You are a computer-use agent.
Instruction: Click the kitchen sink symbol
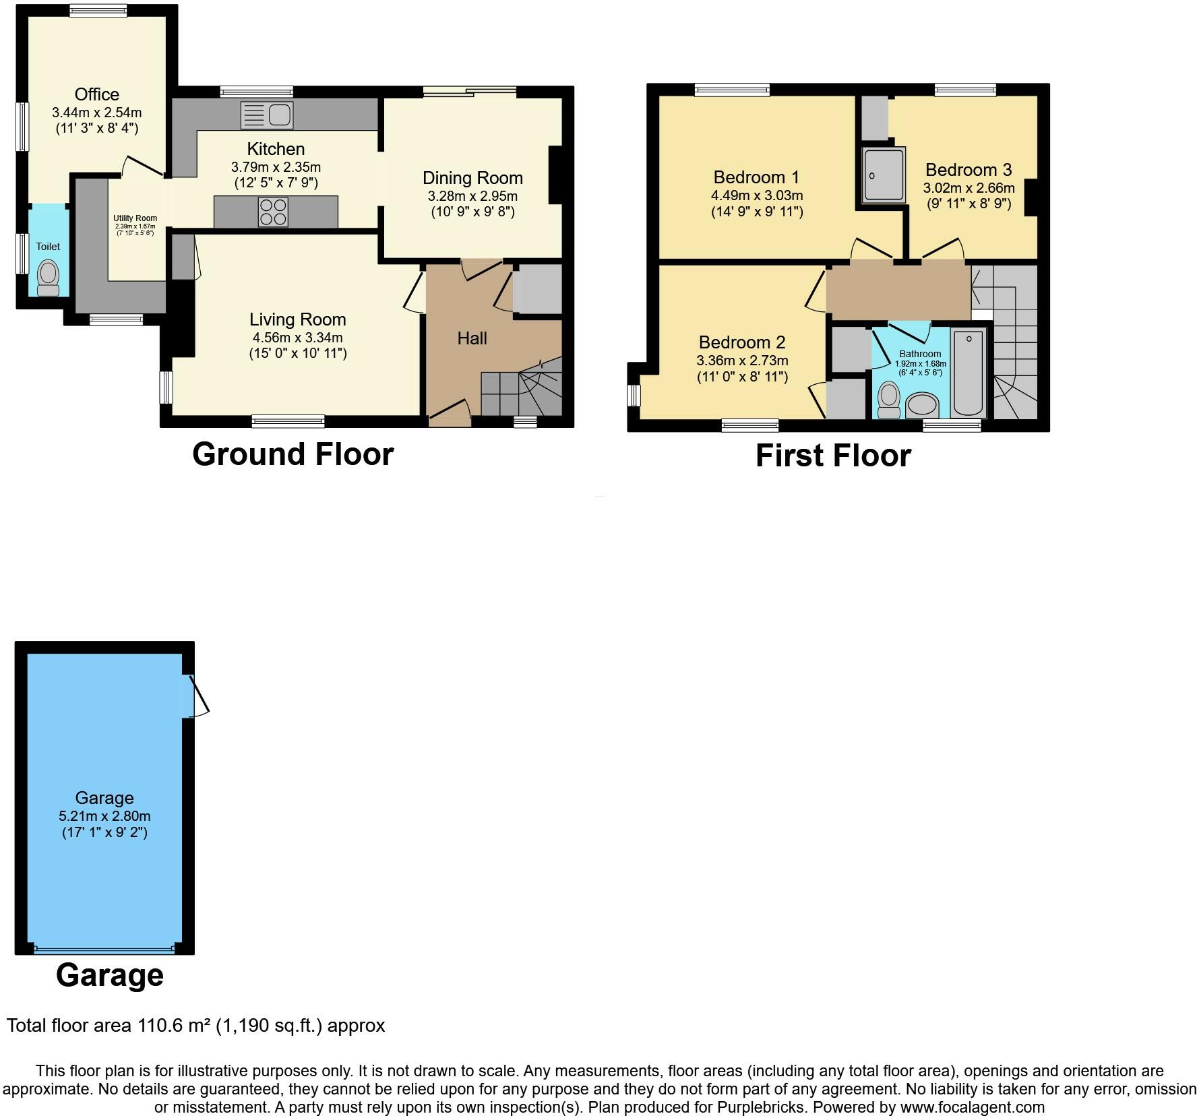click(x=267, y=115)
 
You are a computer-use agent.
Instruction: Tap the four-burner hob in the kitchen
click(x=273, y=212)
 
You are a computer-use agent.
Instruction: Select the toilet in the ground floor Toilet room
click(x=48, y=278)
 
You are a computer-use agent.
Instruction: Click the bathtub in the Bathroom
click(x=969, y=372)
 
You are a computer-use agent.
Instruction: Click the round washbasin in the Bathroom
click(x=922, y=406)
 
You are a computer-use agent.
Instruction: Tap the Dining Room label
click(x=472, y=178)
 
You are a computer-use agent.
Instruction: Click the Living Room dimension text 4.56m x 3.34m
click(x=297, y=337)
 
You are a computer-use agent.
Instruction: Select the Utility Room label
click(x=135, y=218)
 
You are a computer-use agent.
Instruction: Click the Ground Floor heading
click(x=293, y=454)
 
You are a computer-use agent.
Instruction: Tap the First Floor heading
click(x=833, y=456)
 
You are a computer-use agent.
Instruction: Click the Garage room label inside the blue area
click(x=104, y=798)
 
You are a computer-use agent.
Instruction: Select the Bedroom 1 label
click(x=756, y=177)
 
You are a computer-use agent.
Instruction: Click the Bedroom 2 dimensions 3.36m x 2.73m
click(x=742, y=361)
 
